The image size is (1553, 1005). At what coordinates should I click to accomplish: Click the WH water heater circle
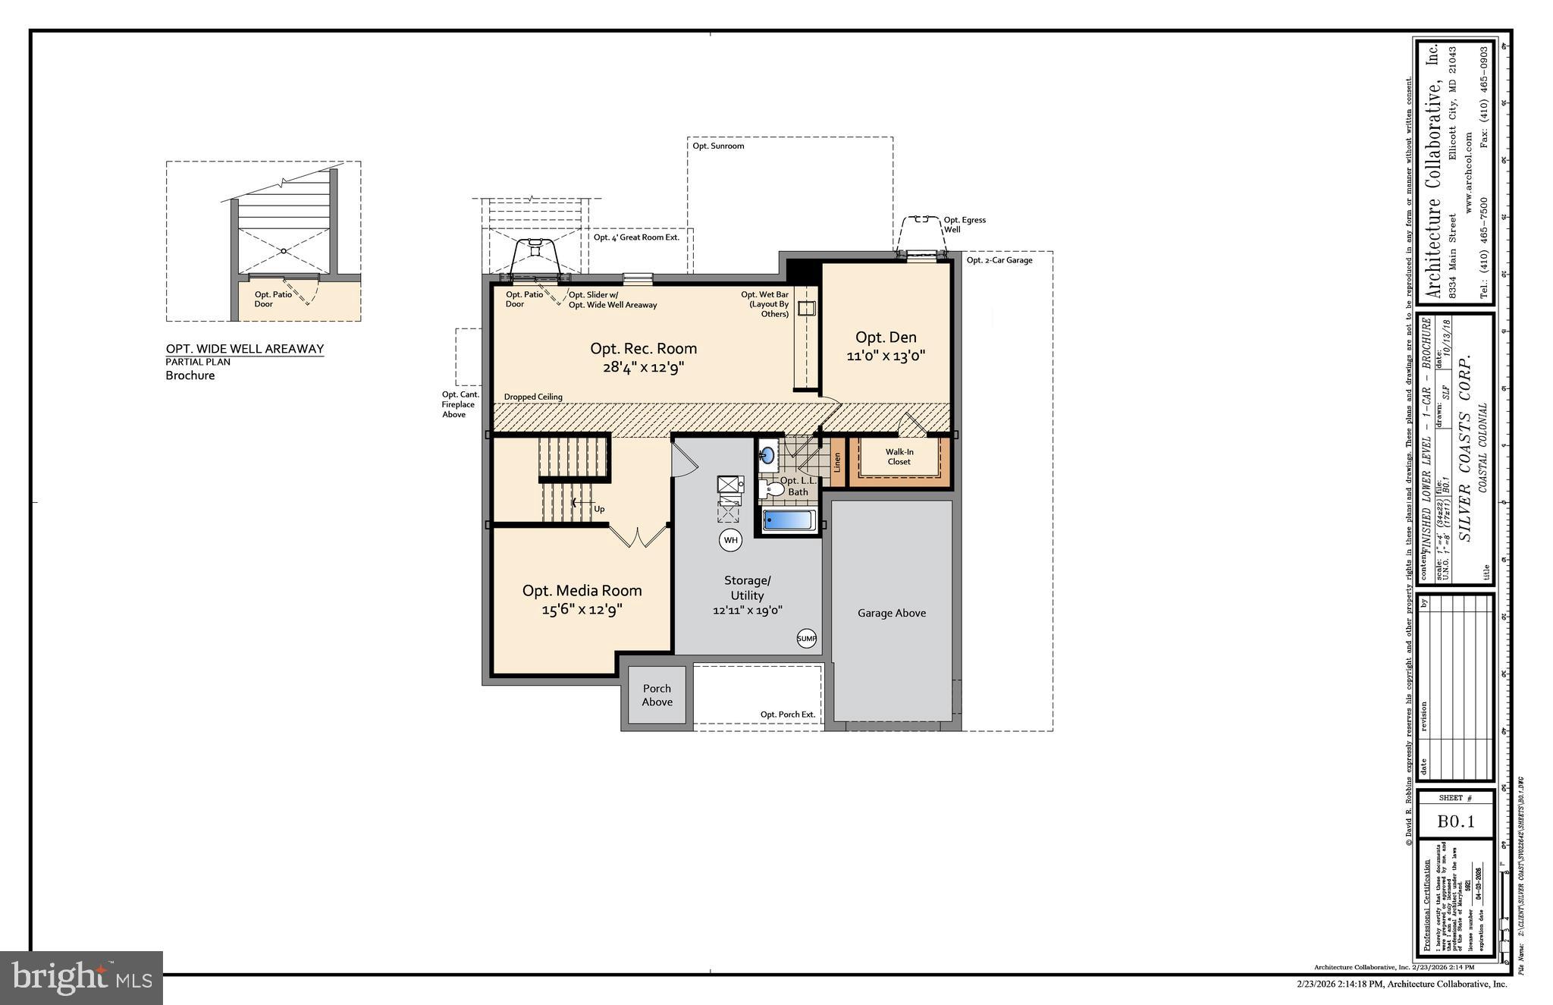(x=730, y=540)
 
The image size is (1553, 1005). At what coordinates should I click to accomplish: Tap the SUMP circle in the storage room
(x=807, y=639)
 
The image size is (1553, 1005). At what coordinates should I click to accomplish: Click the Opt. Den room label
(x=886, y=346)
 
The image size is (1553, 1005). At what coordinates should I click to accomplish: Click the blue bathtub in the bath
(x=789, y=520)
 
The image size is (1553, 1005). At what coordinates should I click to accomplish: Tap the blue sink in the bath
(x=767, y=455)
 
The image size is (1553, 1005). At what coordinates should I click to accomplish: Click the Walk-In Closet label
(x=899, y=457)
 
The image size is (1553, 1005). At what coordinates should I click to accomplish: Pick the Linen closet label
(x=837, y=462)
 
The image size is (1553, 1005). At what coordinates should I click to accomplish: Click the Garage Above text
(x=892, y=613)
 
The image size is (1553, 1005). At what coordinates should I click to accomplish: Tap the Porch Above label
(x=657, y=695)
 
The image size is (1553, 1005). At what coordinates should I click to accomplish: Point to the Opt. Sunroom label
(x=718, y=146)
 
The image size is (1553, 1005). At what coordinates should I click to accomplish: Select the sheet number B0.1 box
(x=1455, y=821)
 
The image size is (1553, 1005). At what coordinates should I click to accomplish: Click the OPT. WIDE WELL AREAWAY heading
(x=245, y=349)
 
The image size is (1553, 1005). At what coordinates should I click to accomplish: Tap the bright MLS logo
(x=81, y=978)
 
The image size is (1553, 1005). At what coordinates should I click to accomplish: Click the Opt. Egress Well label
(x=964, y=225)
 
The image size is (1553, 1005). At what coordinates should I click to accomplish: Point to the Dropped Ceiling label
(x=533, y=397)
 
